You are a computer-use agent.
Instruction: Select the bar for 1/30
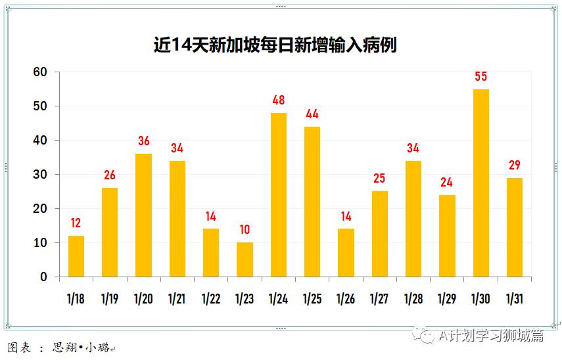(481, 183)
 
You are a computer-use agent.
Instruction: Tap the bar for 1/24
(279, 194)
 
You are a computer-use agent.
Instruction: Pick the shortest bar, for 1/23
(245, 259)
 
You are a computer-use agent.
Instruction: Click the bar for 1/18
(76, 256)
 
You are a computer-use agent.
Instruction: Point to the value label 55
(481, 77)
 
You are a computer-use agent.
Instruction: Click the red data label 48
(279, 101)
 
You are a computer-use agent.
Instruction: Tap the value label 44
(312, 114)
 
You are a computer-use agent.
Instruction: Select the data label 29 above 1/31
(515, 166)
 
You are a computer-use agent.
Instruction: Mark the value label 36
(144, 141)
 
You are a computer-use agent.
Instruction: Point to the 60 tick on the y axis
(41, 72)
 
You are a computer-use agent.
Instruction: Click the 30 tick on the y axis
(41, 175)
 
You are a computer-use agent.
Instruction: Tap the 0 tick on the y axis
(44, 277)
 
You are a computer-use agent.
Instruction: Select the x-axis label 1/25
(312, 299)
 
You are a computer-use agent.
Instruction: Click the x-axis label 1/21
(177, 299)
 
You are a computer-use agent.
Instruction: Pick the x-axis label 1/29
(447, 299)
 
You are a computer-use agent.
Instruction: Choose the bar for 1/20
(144, 215)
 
